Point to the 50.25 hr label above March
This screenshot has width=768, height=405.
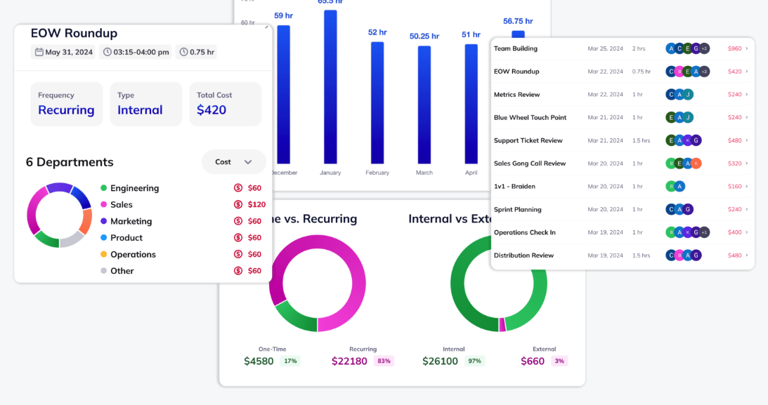click(x=424, y=36)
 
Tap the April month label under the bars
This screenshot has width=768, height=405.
click(x=471, y=172)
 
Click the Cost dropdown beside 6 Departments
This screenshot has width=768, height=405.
click(x=233, y=162)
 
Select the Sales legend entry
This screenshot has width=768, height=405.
click(x=121, y=205)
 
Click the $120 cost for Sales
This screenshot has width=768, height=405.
click(x=256, y=205)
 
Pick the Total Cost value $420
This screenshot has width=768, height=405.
click(x=211, y=110)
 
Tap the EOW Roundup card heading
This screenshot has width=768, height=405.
click(x=74, y=33)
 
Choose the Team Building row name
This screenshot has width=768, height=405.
click(x=516, y=49)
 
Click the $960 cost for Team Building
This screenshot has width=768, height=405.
click(x=734, y=49)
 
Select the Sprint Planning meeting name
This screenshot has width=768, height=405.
click(x=517, y=210)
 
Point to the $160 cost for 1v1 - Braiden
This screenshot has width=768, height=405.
click(x=734, y=187)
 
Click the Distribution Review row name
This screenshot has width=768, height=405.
click(x=523, y=255)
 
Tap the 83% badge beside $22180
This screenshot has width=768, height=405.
click(x=384, y=361)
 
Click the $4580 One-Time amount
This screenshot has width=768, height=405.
click(x=259, y=361)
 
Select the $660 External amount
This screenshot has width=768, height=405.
click(x=533, y=361)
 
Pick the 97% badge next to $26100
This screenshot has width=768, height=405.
click(x=474, y=361)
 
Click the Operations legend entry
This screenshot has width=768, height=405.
click(x=133, y=255)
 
